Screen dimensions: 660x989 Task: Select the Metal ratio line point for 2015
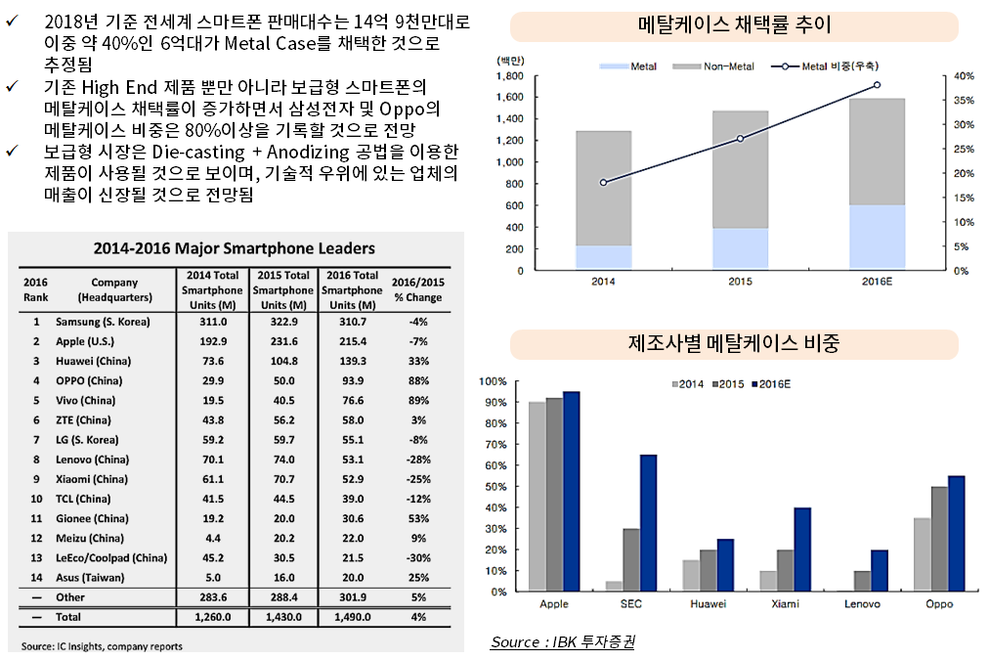(740, 139)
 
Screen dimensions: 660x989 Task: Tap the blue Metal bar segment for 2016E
(877, 237)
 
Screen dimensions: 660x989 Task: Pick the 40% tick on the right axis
(963, 76)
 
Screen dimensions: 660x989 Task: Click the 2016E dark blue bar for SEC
(649, 523)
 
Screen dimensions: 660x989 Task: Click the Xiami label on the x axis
(785, 604)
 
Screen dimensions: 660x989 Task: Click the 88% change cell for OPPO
(417, 380)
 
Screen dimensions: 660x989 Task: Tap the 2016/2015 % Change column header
(417, 290)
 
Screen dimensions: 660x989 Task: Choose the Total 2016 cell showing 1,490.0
(351, 617)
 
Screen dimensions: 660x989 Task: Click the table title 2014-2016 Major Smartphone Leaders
(234, 248)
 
